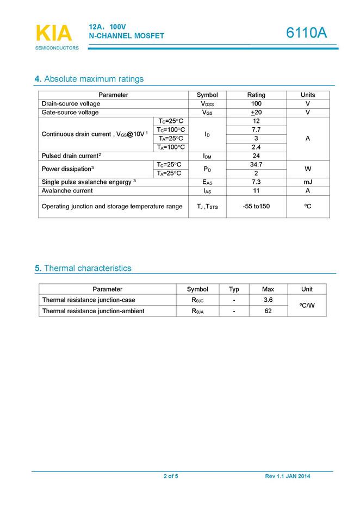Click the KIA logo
point(54,34)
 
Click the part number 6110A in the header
point(307,33)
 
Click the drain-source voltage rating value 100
point(256,104)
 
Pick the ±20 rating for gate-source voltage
point(256,113)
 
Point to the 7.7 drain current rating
point(256,130)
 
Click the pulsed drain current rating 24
point(256,156)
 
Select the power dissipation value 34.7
point(256,165)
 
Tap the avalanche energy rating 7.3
point(256,182)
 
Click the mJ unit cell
point(307,182)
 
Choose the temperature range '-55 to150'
point(256,207)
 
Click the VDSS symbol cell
point(207,104)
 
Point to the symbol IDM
point(207,156)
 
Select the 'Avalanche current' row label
point(67,191)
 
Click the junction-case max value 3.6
point(268,300)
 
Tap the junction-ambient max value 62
point(268,311)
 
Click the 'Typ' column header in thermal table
point(234,289)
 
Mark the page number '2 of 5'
point(171,476)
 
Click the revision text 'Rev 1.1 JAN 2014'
point(288,476)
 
